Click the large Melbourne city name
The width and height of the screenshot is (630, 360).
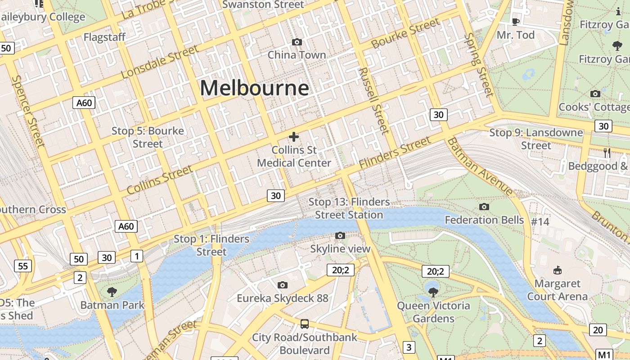(254, 88)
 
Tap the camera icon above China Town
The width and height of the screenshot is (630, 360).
(297, 42)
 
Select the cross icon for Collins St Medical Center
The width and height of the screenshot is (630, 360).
(294, 136)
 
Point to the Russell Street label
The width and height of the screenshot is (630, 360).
(374, 101)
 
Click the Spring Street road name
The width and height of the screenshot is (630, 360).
(479, 65)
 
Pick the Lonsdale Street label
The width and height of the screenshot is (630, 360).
(160, 62)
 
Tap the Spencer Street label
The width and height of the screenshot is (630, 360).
(28, 111)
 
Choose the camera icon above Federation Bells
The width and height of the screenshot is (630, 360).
(484, 207)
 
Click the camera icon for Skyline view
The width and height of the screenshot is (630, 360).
(340, 235)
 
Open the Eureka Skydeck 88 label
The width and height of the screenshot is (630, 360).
(283, 298)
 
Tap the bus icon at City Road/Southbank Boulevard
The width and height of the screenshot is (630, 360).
(305, 324)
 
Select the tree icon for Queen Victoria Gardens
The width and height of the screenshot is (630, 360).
(433, 292)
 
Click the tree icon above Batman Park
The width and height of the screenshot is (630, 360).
(112, 292)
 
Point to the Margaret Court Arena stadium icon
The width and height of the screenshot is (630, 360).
(558, 270)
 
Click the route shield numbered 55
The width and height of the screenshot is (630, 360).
(23, 266)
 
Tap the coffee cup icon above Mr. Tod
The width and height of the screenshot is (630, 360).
(516, 22)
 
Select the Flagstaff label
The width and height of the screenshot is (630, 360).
(104, 37)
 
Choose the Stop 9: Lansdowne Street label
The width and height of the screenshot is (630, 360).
(536, 139)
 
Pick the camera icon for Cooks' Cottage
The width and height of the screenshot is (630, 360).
(595, 94)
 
